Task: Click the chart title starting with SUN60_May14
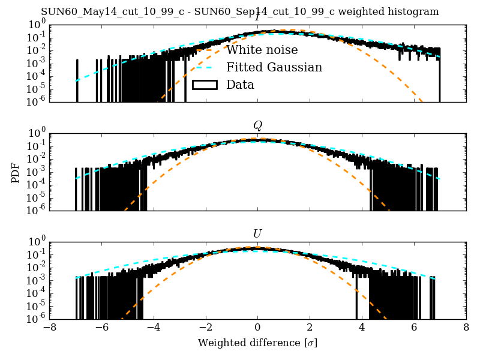pyautogui.click(x=240, y=12)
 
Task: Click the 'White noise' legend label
pyautogui.click(x=262, y=50)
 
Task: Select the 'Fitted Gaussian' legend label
pyautogui.click(x=274, y=68)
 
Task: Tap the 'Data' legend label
pyautogui.click(x=240, y=85)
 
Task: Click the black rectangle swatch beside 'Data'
pyautogui.click(x=204, y=85)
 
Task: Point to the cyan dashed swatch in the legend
pyautogui.click(x=204, y=68)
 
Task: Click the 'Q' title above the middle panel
pyautogui.click(x=257, y=125)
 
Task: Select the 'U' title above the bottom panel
pyautogui.click(x=257, y=233)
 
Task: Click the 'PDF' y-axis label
pyautogui.click(x=16, y=172)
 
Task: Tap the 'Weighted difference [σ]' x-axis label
pyautogui.click(x=257, y=343)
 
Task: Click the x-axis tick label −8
pyautogui.click(x=49, y=328)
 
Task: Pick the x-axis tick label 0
pyautogui.click(x=257, y=328)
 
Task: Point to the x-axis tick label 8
pyautogui.click(x=466, y=328)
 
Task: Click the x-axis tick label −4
pyautogui.click(x=154, y=328)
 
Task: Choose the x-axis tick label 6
pyautogui.click(x=414, y=328)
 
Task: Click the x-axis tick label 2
pyautogui.click(x=310, y=328)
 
